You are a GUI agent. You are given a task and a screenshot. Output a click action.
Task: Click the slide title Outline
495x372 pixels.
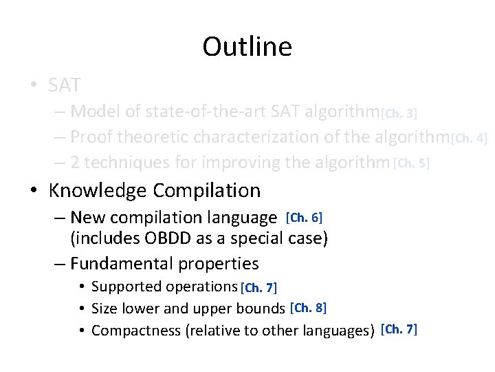tap(247, 47)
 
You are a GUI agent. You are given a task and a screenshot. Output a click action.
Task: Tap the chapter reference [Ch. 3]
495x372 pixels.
tap(399, 112)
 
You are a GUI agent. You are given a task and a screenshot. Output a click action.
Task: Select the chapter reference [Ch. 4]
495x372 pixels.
tap(468, 138)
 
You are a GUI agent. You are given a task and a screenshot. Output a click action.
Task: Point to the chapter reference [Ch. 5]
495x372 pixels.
tap(411, 163)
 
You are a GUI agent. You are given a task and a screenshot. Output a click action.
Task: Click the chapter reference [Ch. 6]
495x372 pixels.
tap(303, 218)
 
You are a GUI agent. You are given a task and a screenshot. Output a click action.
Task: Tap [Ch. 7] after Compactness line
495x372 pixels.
tap(398, 329)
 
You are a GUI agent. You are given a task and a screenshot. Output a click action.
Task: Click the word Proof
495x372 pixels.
tap(91, 137)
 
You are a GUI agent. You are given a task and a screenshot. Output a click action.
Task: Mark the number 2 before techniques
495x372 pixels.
tap(76, 163)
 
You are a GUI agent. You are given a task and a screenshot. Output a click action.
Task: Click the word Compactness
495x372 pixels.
tap(135, 331)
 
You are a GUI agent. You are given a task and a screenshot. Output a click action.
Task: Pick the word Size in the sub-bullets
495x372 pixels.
tap(104, 309)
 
